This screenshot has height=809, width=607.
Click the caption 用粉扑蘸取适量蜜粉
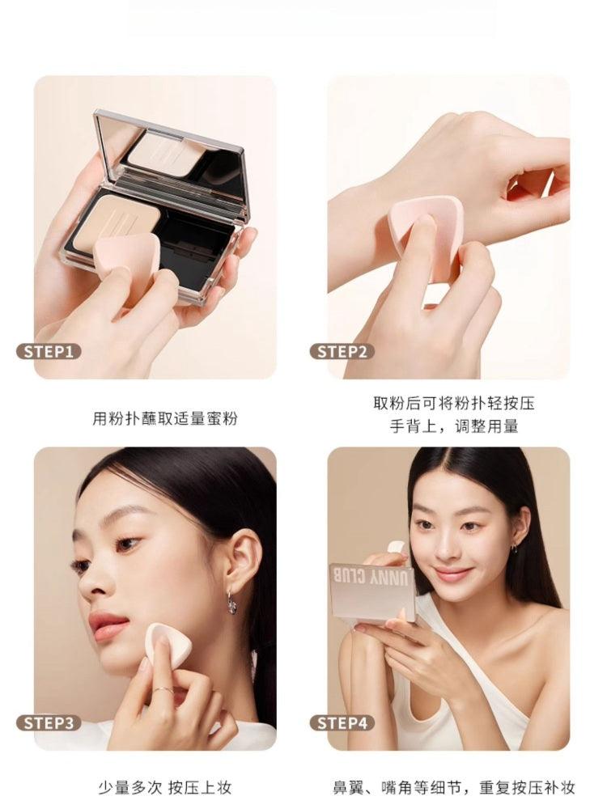[165, 419]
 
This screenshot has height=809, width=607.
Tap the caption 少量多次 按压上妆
[165, 787]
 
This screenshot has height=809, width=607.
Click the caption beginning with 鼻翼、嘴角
[454, 787]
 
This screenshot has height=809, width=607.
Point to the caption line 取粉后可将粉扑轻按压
[454, 403]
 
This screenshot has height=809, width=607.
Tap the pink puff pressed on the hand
[427, 231]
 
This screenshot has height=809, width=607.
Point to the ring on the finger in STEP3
[162, 690]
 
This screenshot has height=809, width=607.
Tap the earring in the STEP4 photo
[514, 548]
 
